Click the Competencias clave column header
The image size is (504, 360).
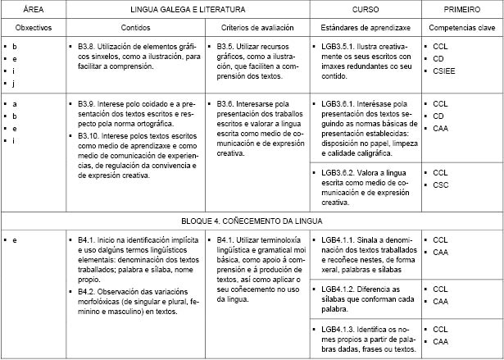[461, 28]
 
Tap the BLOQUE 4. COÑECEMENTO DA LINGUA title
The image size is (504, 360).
[252, 221]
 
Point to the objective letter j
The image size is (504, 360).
[15, 83]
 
